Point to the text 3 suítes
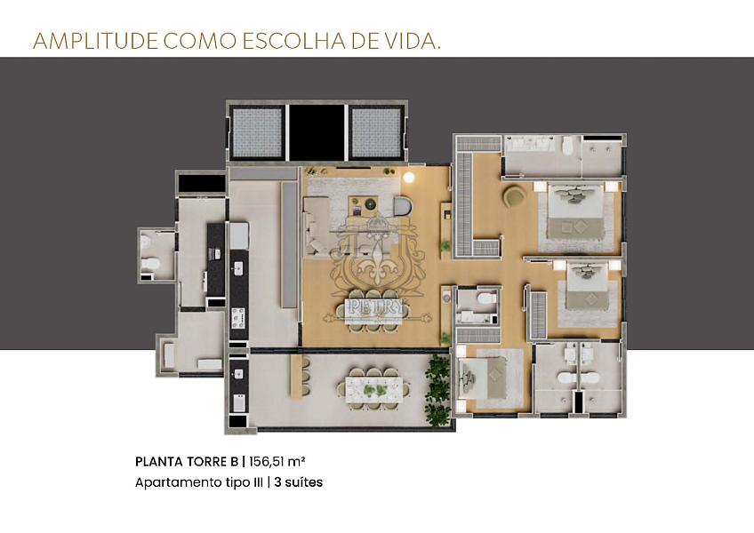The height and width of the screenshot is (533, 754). click(x=298, y=483)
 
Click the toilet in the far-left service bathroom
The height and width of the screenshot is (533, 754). click(x=151, y=263)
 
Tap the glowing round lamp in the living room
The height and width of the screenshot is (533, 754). click(x=408, y=178)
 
